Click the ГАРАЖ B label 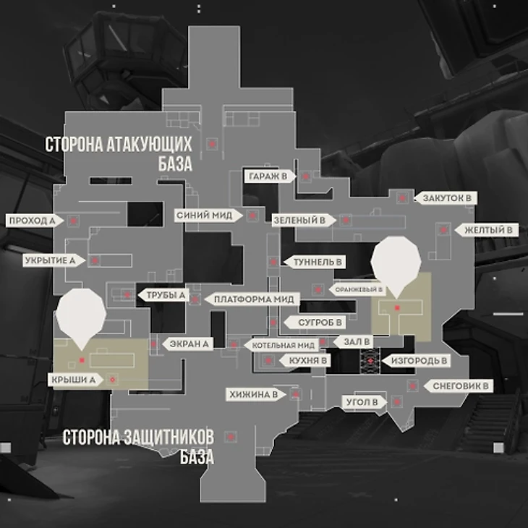tap(268, 176)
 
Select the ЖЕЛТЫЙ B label tap(488, 230)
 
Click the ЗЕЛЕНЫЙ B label tap(299, 218)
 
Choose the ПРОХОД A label tap(33, 220)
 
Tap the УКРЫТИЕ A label tap(50, 260)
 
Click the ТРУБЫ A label tap(167, 295)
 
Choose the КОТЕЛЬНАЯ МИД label tap(283, 345)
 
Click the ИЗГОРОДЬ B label tap(419, 359)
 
